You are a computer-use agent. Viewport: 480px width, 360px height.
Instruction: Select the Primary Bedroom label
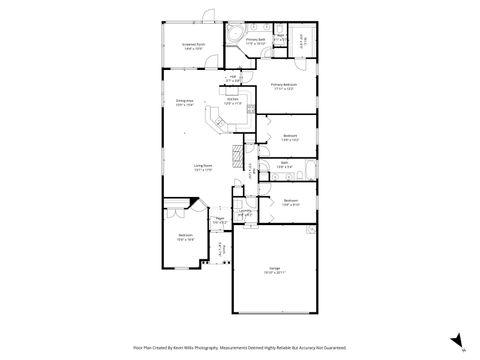pos(283,86)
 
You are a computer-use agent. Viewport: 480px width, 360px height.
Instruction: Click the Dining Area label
pos(185,102)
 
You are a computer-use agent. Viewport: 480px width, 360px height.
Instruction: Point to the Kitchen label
pos(231,100)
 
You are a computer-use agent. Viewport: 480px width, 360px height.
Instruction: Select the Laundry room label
pos(245,212)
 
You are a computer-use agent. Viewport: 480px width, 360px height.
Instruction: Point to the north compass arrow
pos(454,340)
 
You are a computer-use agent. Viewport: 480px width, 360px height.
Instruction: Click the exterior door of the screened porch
pos(208,15)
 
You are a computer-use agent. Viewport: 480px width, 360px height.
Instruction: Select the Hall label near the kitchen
pos(232,78)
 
